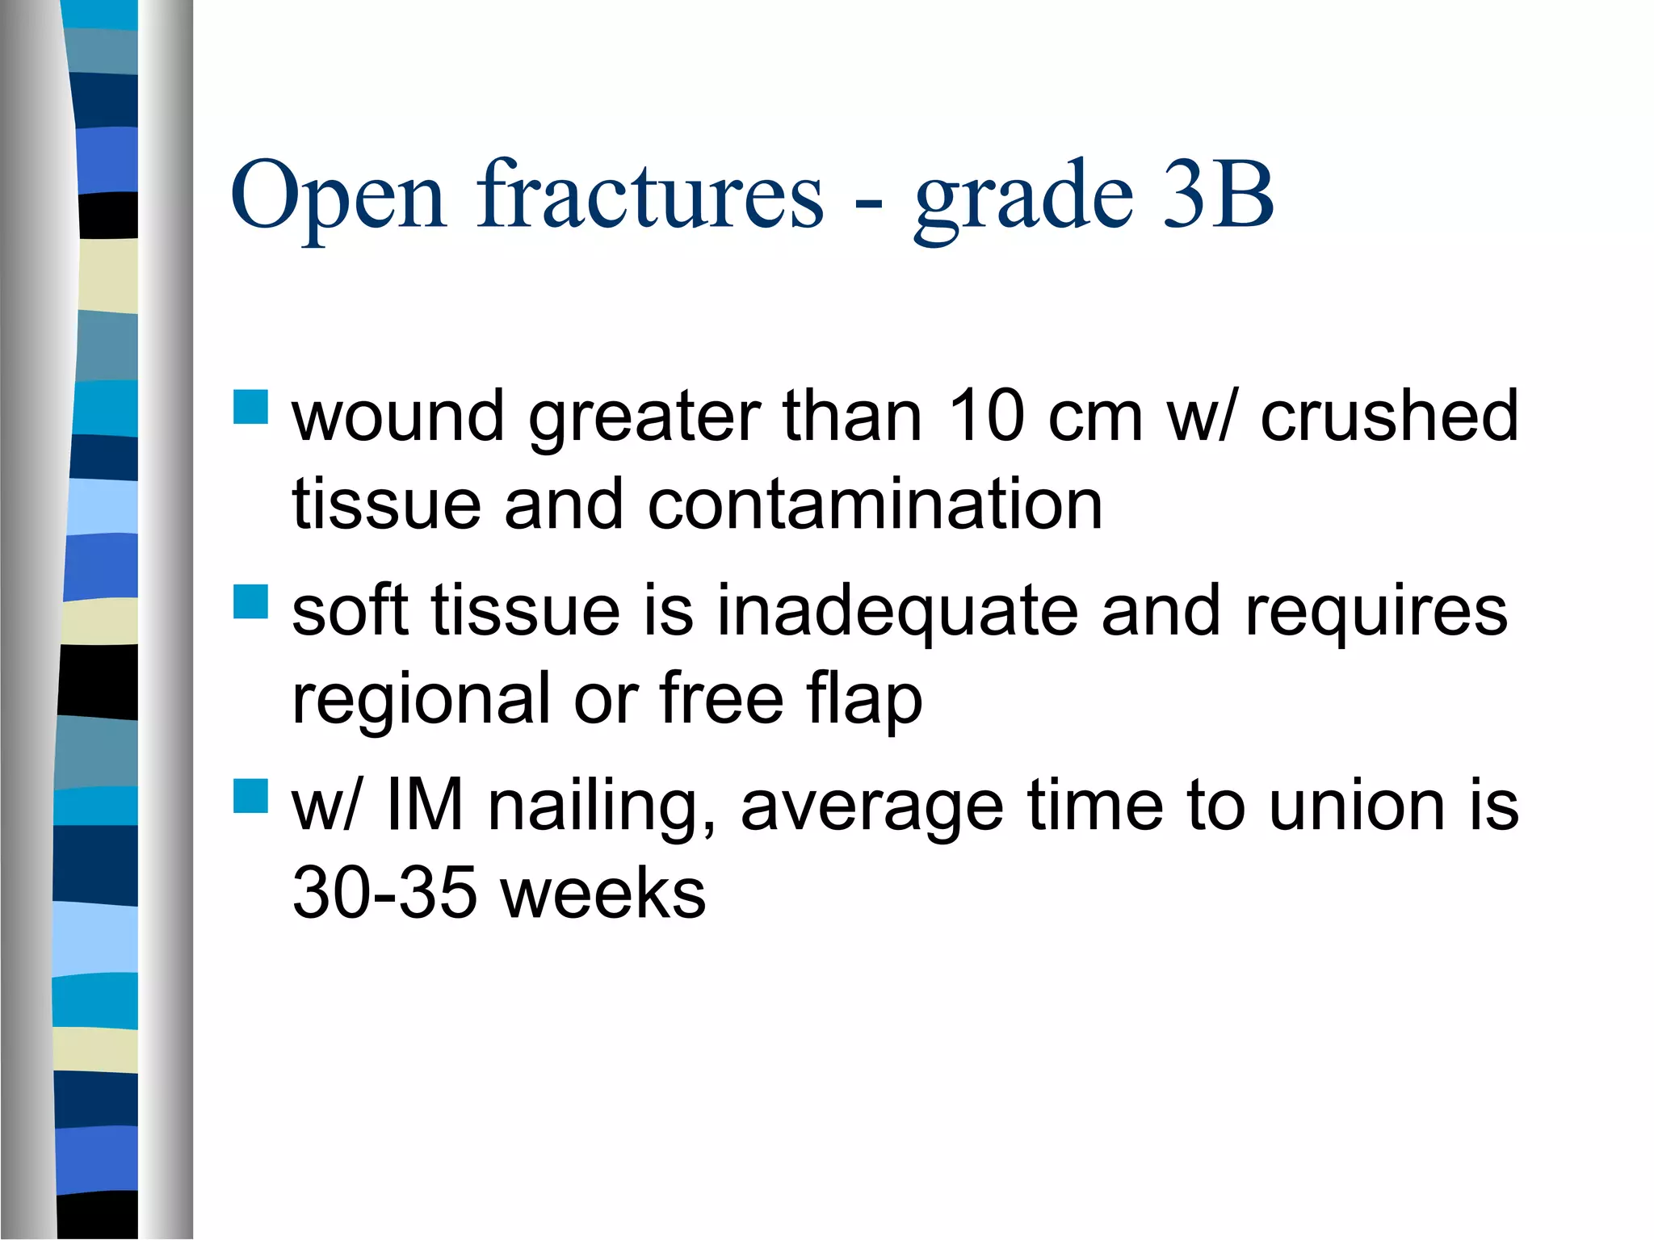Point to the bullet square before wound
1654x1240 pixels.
tap(250, 408)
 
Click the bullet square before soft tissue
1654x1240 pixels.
tap(250, 601)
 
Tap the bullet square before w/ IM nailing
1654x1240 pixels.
tap(250, 795)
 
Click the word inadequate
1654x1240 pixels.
tap(897, 611)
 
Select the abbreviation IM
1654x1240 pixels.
tap(425, 805)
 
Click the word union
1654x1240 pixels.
tap(1357, 805)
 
